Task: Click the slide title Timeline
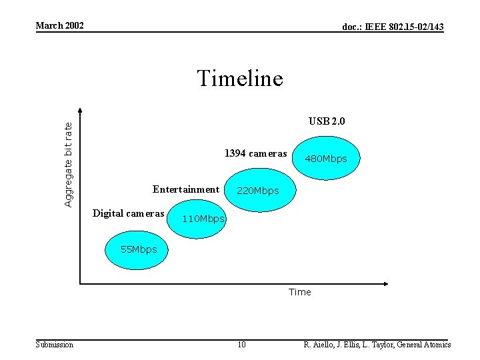tap(240, 79)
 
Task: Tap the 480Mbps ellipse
tap(326, 159)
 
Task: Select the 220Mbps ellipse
tap(257, 191)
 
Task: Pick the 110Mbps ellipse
tap(197, 218)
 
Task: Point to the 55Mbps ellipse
tap(139, 250)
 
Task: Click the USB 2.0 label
tap(327, 121)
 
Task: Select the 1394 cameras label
tap(255, 153)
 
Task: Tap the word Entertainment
tap(185, 189)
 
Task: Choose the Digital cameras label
tap(128, 213)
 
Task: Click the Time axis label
tap(299, 292)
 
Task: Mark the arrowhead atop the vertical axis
tap(80, 111)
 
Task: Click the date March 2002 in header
tap(59, 25)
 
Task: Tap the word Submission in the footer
tap(54, 345)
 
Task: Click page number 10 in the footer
tap(241, 345)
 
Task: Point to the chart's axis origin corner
tap(80, 284)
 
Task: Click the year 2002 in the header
tap(73, 25)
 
